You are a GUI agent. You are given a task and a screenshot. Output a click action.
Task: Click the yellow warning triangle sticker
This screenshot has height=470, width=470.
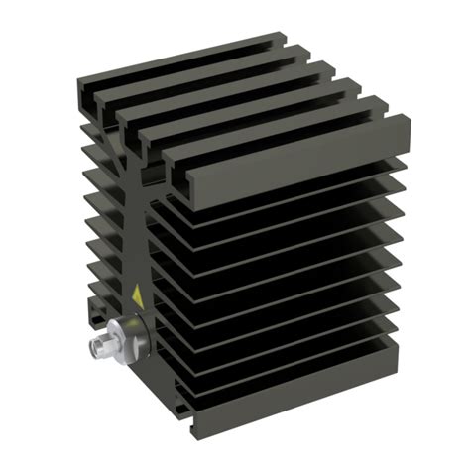pos(137,294)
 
